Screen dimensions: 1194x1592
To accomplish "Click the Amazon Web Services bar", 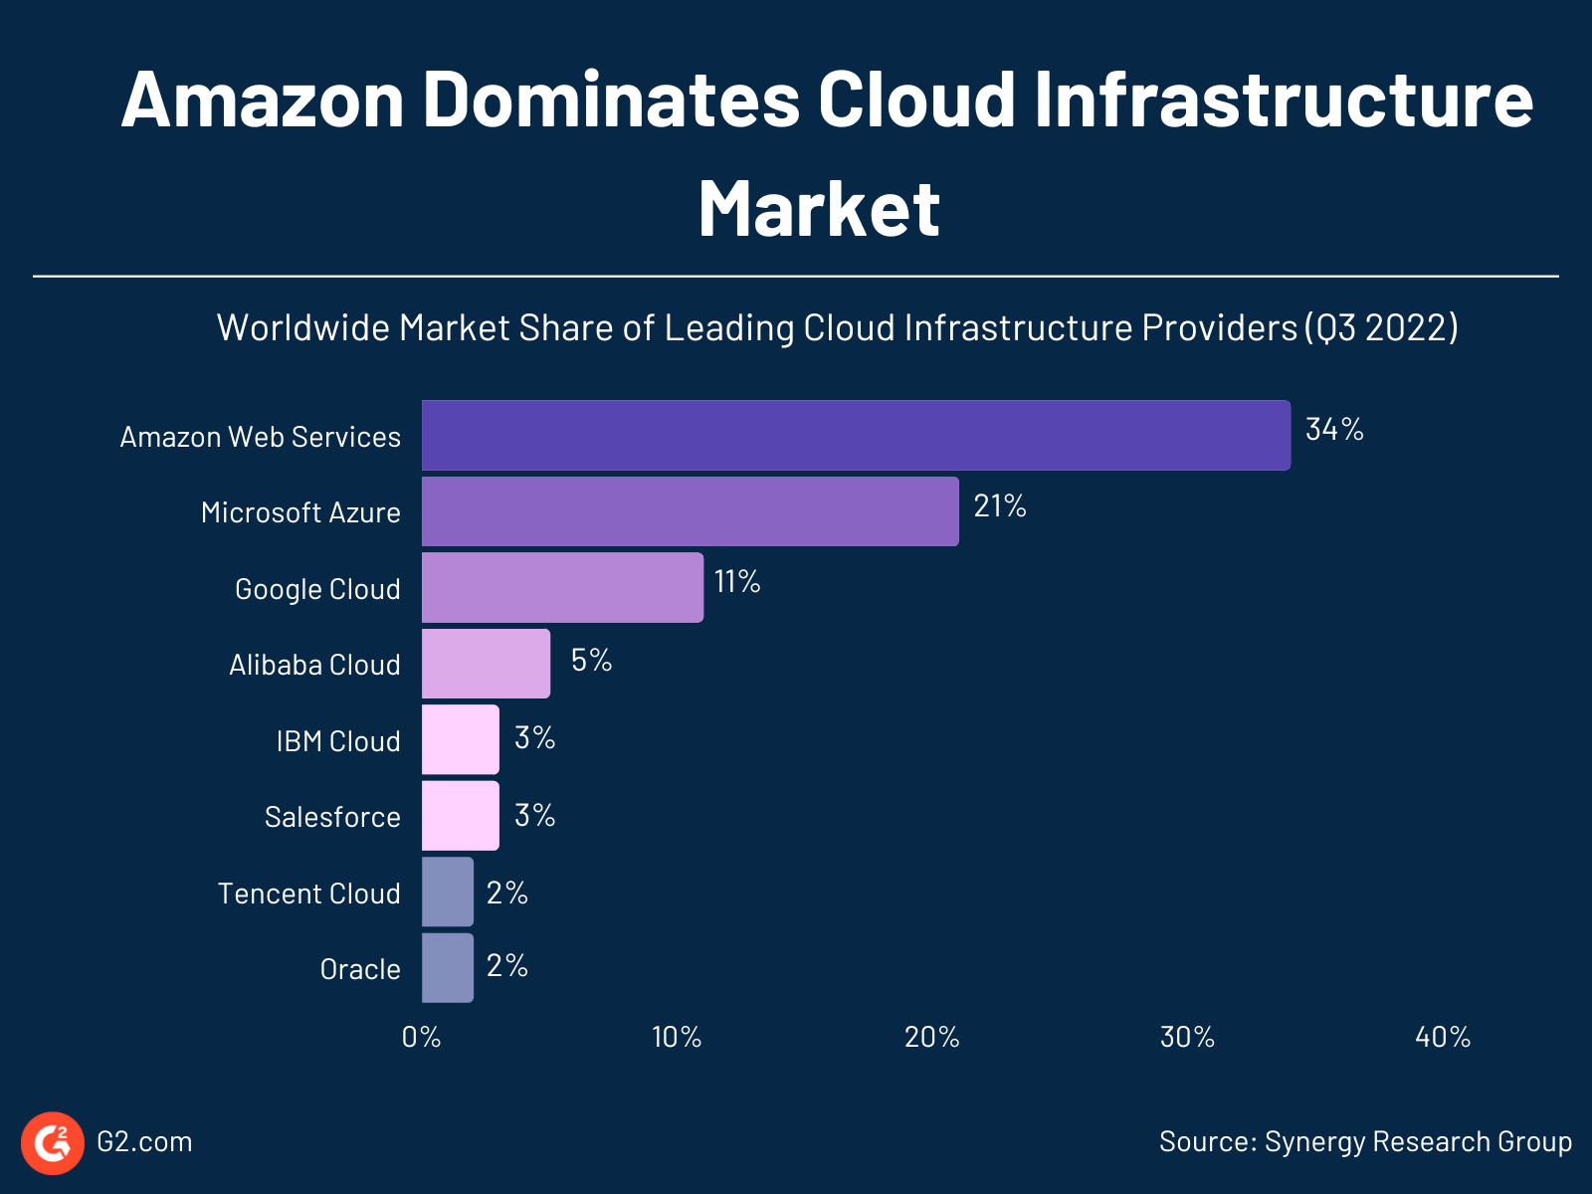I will (856, 435).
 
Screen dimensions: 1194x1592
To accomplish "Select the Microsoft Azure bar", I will (690, 511).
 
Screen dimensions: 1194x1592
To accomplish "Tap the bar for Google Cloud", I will (562, 588).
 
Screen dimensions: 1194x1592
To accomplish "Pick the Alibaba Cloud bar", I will (486, 664).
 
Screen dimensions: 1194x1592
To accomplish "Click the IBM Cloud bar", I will (460, 739).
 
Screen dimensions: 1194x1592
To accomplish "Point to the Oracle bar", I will (447, 967).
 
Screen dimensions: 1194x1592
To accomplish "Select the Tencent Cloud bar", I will (447, 892).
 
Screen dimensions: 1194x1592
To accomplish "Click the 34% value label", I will (1333, 430).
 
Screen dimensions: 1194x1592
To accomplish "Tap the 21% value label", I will (999, 506).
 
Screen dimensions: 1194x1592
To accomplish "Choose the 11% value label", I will (736, 582).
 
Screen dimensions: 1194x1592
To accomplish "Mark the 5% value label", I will (591, 660).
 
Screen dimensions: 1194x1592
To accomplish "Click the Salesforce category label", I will (332, 817).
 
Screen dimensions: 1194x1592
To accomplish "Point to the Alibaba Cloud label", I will (314, 665).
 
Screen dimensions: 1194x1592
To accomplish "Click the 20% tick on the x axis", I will (931, 1038).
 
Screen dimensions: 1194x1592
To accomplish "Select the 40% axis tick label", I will (1442, 1038).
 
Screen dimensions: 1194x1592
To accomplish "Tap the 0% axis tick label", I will (421, 1038).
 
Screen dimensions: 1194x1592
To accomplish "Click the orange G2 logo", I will (53, 1142).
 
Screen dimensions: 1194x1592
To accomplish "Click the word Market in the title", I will (818, 209).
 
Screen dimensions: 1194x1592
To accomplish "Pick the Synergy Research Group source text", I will (1417, 1141).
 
